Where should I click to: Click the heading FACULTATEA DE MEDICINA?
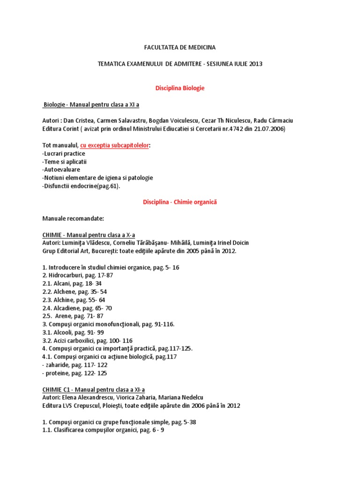(180, 47)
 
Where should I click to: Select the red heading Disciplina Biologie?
(180, 88)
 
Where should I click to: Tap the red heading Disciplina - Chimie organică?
(180, 202)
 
